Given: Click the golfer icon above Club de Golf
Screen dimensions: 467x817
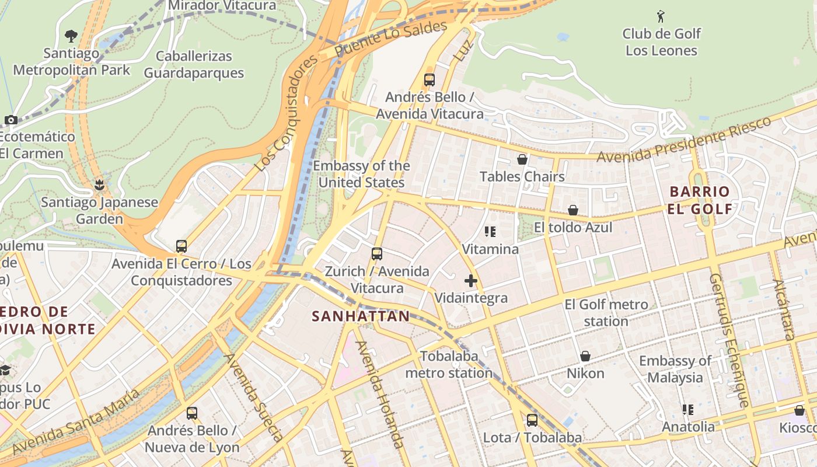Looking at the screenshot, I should pyautogui.click(x=661, y=16).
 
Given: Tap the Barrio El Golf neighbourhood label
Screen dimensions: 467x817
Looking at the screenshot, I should pyautogui.click(x=699, y=200).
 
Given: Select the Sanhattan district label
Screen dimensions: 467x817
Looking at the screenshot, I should pyautogui.click(x=361, y=316).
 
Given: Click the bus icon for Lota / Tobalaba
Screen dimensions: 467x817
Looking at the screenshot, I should pyautogui.click(x=532, y=420).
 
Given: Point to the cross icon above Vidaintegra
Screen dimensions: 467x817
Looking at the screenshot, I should pyautogui.click(x=471, y=281).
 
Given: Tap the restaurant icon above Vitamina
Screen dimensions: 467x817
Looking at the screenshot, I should pyautogui.click(x=490, y=232).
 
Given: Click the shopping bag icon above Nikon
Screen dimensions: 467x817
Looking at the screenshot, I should pyautogui.click(x=585, y=356).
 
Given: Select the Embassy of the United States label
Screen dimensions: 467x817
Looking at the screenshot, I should pyautogui.click(x=361, y=174).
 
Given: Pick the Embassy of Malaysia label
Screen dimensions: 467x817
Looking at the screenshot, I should pyautogui.click(x=675, y=369).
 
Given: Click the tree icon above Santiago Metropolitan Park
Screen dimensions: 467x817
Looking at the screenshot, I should pyautogui.click(x=71, y=36).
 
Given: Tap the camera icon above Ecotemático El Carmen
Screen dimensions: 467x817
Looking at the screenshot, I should pyautogui.click(x=11, y=120).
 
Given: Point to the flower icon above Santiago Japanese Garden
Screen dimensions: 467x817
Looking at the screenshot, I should pyautogui.click(x=99, y=186).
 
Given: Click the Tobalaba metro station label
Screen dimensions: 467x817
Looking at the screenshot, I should pyautogui.click(x=449, y=364).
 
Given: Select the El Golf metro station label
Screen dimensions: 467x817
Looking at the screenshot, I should pyautogui.click(x=606, y=313).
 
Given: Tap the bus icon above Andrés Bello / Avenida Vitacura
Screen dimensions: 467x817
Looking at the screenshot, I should pyautogui.click(x=430, y=80).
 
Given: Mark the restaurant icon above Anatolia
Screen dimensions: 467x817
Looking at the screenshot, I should pyautogui.click(x=688, y=410).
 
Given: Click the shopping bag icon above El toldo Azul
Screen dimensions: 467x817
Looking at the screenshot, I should pyautogui.click(x=573, y=210).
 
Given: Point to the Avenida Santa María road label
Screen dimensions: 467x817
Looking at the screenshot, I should pyautogui.click(x=76, y=421).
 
